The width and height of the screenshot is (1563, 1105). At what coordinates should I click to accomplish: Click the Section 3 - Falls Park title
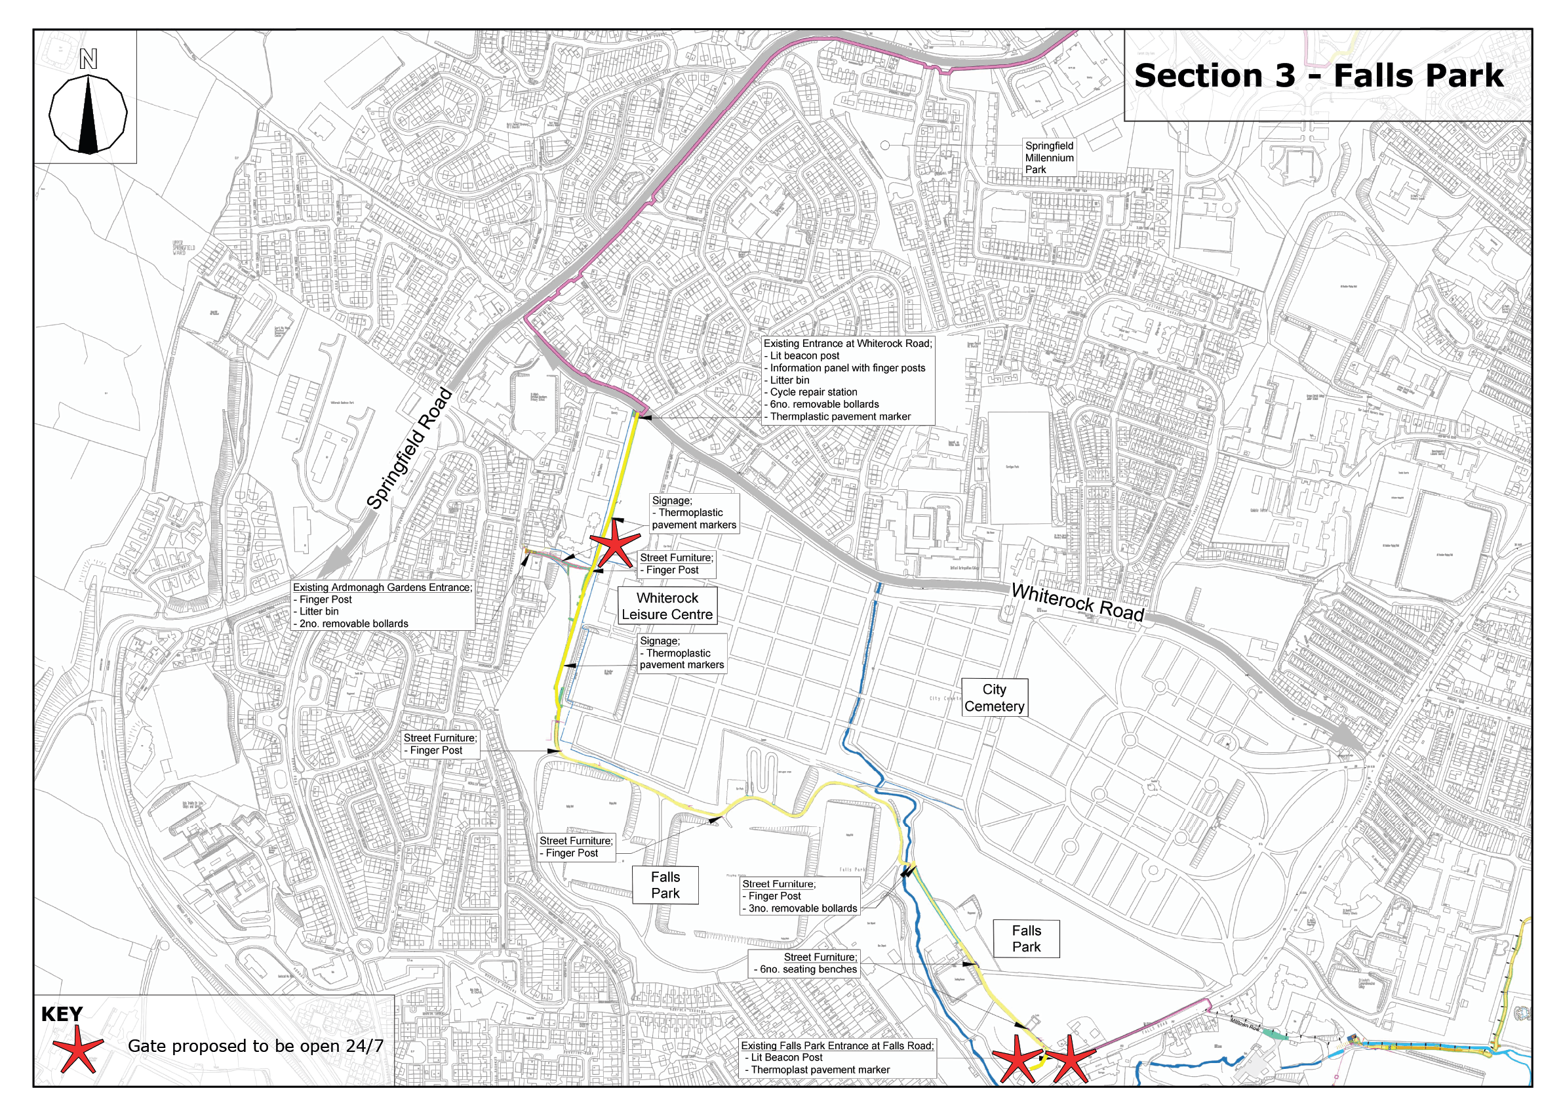coord(1318,75)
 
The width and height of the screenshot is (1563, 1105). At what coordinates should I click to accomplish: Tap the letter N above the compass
coord(88,60)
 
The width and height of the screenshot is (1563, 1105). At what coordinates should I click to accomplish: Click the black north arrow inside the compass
coord(88,115)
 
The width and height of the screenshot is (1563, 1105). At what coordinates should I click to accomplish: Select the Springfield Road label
coord(409,449)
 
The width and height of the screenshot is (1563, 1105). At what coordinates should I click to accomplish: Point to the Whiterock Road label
coord(1077,603)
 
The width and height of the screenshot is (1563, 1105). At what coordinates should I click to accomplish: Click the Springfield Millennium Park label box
coord(1048,158)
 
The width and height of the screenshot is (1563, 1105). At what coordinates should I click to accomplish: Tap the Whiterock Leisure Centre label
coord(667,606)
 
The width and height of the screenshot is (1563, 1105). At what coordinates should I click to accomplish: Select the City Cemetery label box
coord(993,698)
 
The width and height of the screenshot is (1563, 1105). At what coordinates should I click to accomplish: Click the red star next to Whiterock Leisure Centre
coord(614,542)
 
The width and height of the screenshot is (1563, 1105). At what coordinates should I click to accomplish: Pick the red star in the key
coord(79,1047)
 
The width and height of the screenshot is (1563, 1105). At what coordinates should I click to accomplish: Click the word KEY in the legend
coord(62,1015)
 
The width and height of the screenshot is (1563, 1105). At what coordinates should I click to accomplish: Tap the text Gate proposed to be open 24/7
coord(255,1047)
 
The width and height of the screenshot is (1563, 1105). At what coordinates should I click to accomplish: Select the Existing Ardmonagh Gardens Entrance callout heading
coord(382,588)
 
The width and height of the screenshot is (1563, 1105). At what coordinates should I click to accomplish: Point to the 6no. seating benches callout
coord(807,969)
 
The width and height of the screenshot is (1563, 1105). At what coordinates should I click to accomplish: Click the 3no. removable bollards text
coord(802,908)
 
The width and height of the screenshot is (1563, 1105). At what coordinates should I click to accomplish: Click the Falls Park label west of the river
coord(665,885)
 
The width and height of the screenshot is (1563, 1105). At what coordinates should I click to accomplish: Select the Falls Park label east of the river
coord(1026,939)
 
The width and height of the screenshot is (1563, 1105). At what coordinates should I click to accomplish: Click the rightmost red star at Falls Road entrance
coord(1069,1059)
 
